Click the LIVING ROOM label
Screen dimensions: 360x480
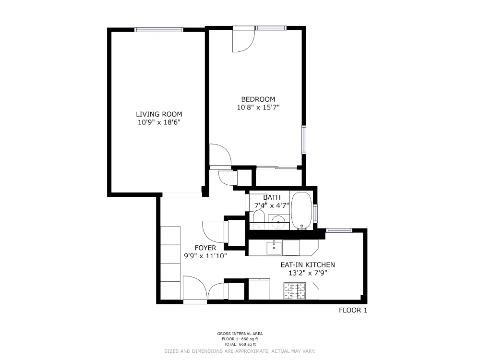pyautogui.click(x=159, y=114)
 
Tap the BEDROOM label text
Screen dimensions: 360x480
pyautogui.click(x=258, y=99)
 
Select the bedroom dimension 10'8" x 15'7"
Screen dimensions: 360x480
pyautogui.click(x=258, y=108)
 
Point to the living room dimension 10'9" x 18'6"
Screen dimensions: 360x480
pyautogui.click(x=159, y=122)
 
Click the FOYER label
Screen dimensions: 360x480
pyautogui.click(x=205, y=248)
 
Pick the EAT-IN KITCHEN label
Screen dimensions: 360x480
pyautogui.click(x=308, y=264)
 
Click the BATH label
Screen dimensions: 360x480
pyautogui.click(x=272, y=197)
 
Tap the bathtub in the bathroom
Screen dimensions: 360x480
pyautogui.click(x=301, y=210)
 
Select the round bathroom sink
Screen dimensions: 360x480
pyautogui.click(x=278, y=222)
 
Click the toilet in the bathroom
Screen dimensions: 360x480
pyautogui.click(x=258, y=221)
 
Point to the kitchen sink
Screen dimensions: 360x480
pyautogui.click(x=274, y=247)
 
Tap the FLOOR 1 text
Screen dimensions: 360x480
pyautogui.click(x=353, y=310)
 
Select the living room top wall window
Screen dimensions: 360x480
pyautogui.click(x=159, y=30)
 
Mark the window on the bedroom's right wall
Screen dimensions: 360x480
pyautogui.click(x=303, y=140)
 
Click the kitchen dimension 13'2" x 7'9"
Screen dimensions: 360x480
pyautogui.click(x=308, y=273)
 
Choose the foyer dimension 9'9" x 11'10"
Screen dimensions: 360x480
pyautogui.click(x=205, y=256)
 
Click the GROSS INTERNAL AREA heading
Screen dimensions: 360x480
pyautogui.click(x=240, y=334)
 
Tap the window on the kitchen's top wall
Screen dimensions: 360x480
pyautogui.click(x=339, y=230)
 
